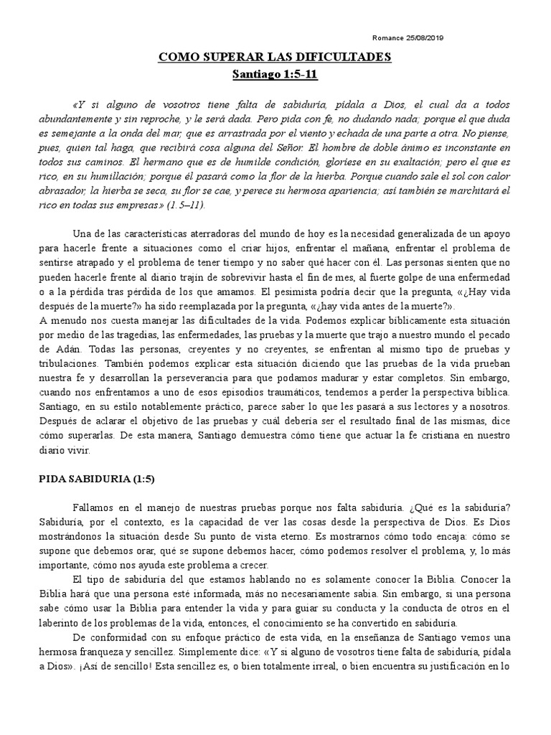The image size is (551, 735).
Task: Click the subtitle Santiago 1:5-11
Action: tap(275, 74)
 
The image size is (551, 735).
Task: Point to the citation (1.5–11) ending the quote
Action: tap(186, 205)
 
